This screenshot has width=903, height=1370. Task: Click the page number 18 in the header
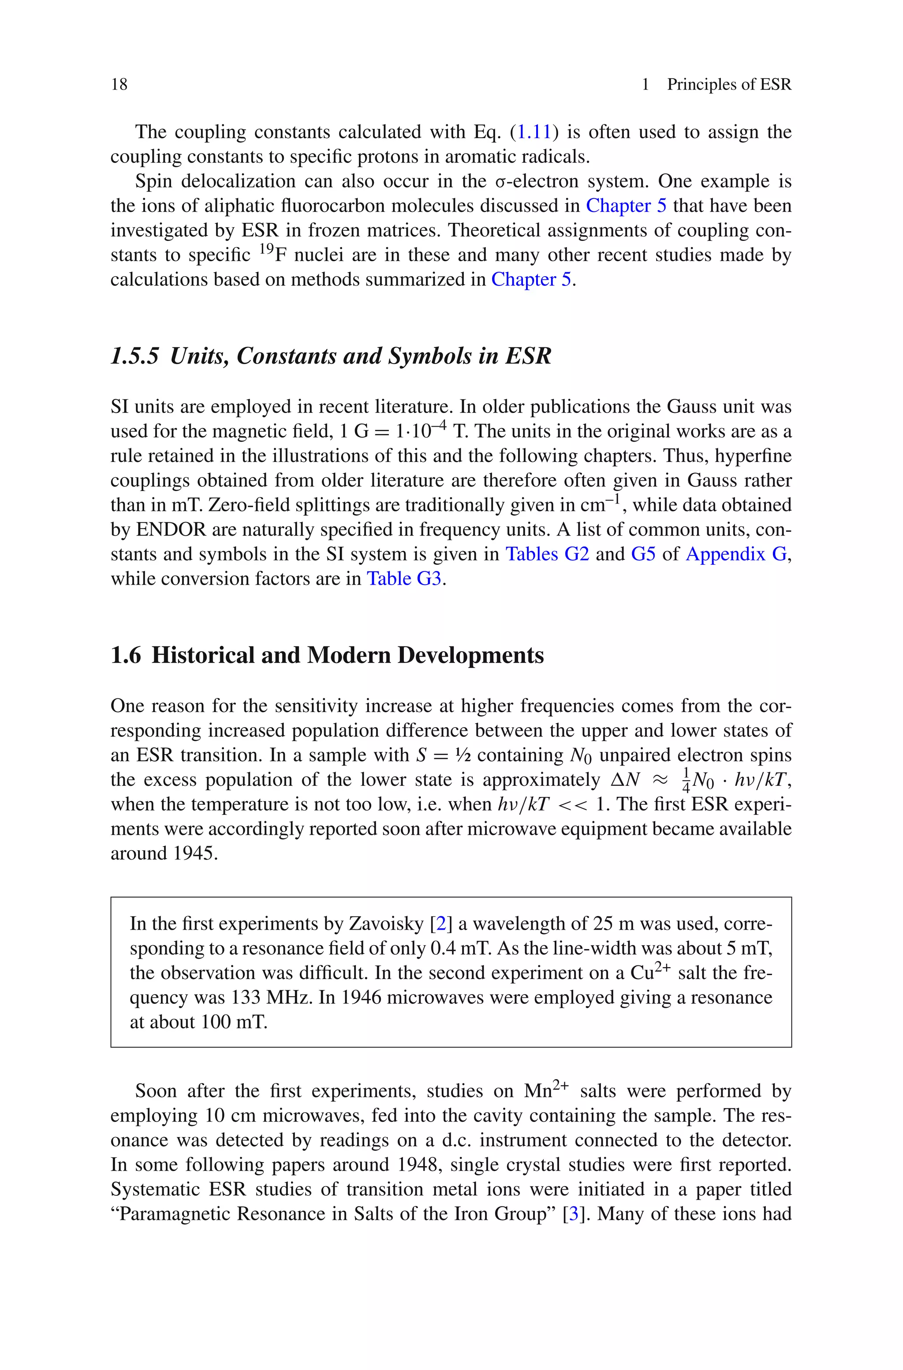119,85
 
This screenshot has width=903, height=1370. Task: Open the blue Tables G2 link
547,554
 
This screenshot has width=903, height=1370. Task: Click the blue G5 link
643,554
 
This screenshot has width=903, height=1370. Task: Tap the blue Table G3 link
404,578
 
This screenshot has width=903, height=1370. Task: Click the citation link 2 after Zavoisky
441,924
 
